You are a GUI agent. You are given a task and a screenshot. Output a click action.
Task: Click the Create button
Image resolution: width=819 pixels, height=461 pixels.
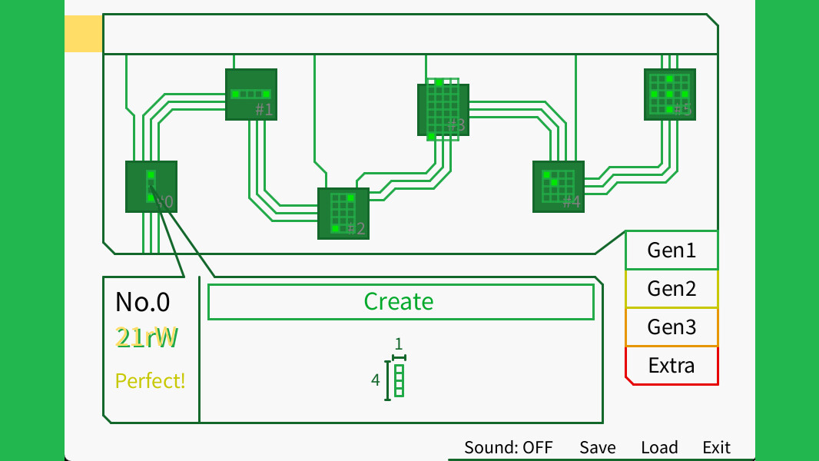pyautogui.click(x=400, y=302)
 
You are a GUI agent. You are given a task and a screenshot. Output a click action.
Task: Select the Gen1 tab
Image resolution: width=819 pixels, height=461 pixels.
pyautogui.click(x=671, y=250)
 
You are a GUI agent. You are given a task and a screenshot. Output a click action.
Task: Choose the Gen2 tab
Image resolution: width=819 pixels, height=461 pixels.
pyautogui.click(x=671, y=289)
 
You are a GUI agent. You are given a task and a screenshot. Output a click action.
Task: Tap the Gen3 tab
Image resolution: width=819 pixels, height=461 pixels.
pyautogui.click(x=671, y=327)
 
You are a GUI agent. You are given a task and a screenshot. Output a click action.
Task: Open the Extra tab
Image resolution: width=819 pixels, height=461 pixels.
pyautogui.click(x=671, y=366)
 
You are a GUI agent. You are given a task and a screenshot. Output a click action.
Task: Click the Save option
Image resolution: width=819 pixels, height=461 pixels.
pyautogui.click(x=597, y=447)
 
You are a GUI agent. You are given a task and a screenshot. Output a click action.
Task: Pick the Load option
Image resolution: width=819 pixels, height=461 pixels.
pyautogui.click(x=659, y=447)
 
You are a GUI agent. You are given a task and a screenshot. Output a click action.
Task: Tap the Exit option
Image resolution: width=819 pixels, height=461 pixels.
pyautogui.click(x=716, y=447)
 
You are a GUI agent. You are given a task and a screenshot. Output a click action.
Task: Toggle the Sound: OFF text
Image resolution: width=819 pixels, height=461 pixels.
pyautogui.click(x=508, y=447)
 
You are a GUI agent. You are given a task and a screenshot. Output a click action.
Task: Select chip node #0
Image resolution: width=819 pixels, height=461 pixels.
pyautogui.click(x=151, y=187)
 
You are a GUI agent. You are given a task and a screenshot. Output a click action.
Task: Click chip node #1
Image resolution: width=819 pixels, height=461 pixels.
pyautogui.click(x=251, y=95)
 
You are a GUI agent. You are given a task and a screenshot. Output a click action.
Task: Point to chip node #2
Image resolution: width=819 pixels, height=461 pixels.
pyautogui.click(x=343, y=214)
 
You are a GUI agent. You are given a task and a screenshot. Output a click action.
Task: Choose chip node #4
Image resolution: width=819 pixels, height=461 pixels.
pyautogui.click(x=559, y=187)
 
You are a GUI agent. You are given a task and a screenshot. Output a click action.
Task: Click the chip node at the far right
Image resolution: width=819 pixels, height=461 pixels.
pyautogui.click(x=669, y=95)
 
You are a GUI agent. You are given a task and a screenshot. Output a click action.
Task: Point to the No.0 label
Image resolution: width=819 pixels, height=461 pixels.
pyautogui.click(x=142, y=302)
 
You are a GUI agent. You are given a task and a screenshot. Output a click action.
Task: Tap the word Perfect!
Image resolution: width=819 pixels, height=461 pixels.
pyautogui.click(x=150, y=380)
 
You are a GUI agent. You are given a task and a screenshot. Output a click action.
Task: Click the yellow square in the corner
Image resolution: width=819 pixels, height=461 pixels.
pyautogui.click(x=83, y=35)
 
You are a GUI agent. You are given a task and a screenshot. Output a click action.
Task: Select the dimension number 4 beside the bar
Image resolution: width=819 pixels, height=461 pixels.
pyautogui.click(x=376, y=380)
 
